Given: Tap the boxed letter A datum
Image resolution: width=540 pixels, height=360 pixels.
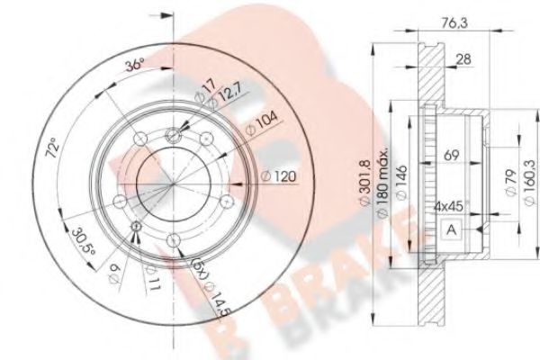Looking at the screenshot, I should coord(450,231).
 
